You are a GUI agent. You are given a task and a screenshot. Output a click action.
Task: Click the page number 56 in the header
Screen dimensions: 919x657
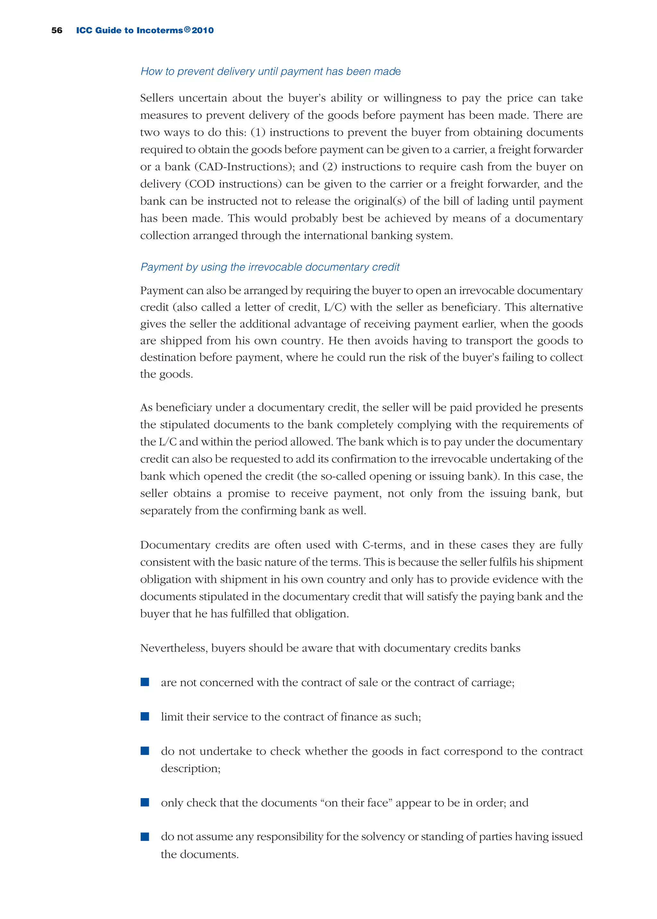[x=57, y=30]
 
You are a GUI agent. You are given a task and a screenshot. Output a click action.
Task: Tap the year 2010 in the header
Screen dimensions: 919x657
[x=203, y=30]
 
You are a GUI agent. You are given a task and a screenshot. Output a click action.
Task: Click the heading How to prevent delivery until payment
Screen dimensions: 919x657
[x=270, y=71]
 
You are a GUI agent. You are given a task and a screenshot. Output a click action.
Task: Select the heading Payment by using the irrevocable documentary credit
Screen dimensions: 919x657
[x=269, y=267]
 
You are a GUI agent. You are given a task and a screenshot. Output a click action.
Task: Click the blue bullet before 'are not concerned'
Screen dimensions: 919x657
[x=145, y=682]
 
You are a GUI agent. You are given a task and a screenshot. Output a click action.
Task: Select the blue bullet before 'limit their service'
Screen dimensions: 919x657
[x=145, y=716]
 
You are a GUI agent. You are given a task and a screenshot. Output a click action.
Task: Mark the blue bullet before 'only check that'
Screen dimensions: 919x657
[x=145, y=802]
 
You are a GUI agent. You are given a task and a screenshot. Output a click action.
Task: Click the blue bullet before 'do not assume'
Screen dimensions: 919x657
[x=145, y=837]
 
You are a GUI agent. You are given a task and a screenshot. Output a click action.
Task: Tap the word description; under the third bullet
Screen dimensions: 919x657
[x=191, y=768]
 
